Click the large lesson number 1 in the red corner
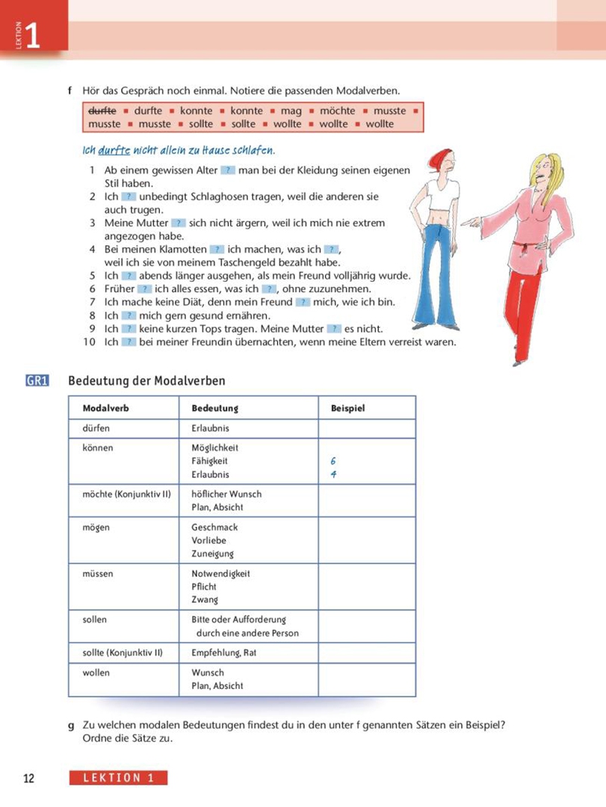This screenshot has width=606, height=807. [x=32, y=36]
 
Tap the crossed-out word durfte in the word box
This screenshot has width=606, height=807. [x=102, y=111]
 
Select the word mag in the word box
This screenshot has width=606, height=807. [x=291, y=111]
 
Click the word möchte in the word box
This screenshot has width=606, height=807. [x=337, y=111]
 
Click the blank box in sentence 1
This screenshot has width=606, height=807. [x=228, y=170]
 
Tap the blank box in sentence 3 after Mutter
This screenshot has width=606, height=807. [x=178, y=223]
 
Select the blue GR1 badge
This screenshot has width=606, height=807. [x=37, y=381]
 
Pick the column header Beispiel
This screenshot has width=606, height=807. [x=347, y=408]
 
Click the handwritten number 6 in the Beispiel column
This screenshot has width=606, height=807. [x=333, y=462]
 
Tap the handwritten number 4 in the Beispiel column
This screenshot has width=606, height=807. [x=333, y=474]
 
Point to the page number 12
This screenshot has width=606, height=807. [x=28, y=778]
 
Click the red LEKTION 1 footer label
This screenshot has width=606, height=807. [x=118, y=778]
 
